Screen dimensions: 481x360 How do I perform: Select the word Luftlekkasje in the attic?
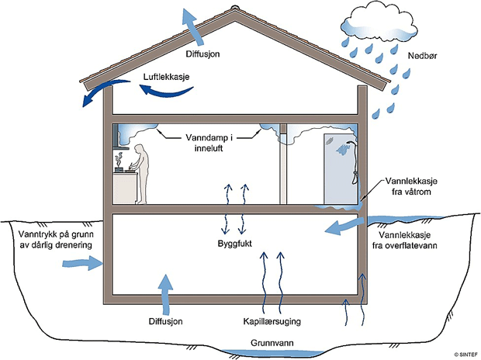(166, 77)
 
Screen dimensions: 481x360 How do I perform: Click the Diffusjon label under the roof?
(202, 54)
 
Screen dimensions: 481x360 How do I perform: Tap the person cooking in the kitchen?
(140, 173)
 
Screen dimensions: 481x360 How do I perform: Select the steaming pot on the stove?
(119, 164)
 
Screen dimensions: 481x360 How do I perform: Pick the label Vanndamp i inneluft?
(209, 143)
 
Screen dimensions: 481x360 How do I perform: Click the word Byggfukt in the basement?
(234, 244)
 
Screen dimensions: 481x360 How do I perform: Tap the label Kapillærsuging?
(272, 321)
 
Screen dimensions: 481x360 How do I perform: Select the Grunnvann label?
(272, 343)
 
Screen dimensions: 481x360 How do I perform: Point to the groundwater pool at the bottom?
(272, 353)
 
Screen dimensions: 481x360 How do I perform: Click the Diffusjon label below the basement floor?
(166, 321)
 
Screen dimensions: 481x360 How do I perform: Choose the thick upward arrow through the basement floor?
(166, 294)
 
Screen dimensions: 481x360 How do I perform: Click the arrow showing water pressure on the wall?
(82, 263)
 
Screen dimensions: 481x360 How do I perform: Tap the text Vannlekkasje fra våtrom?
(411, 186)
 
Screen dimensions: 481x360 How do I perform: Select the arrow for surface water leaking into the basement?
(344, 227)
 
